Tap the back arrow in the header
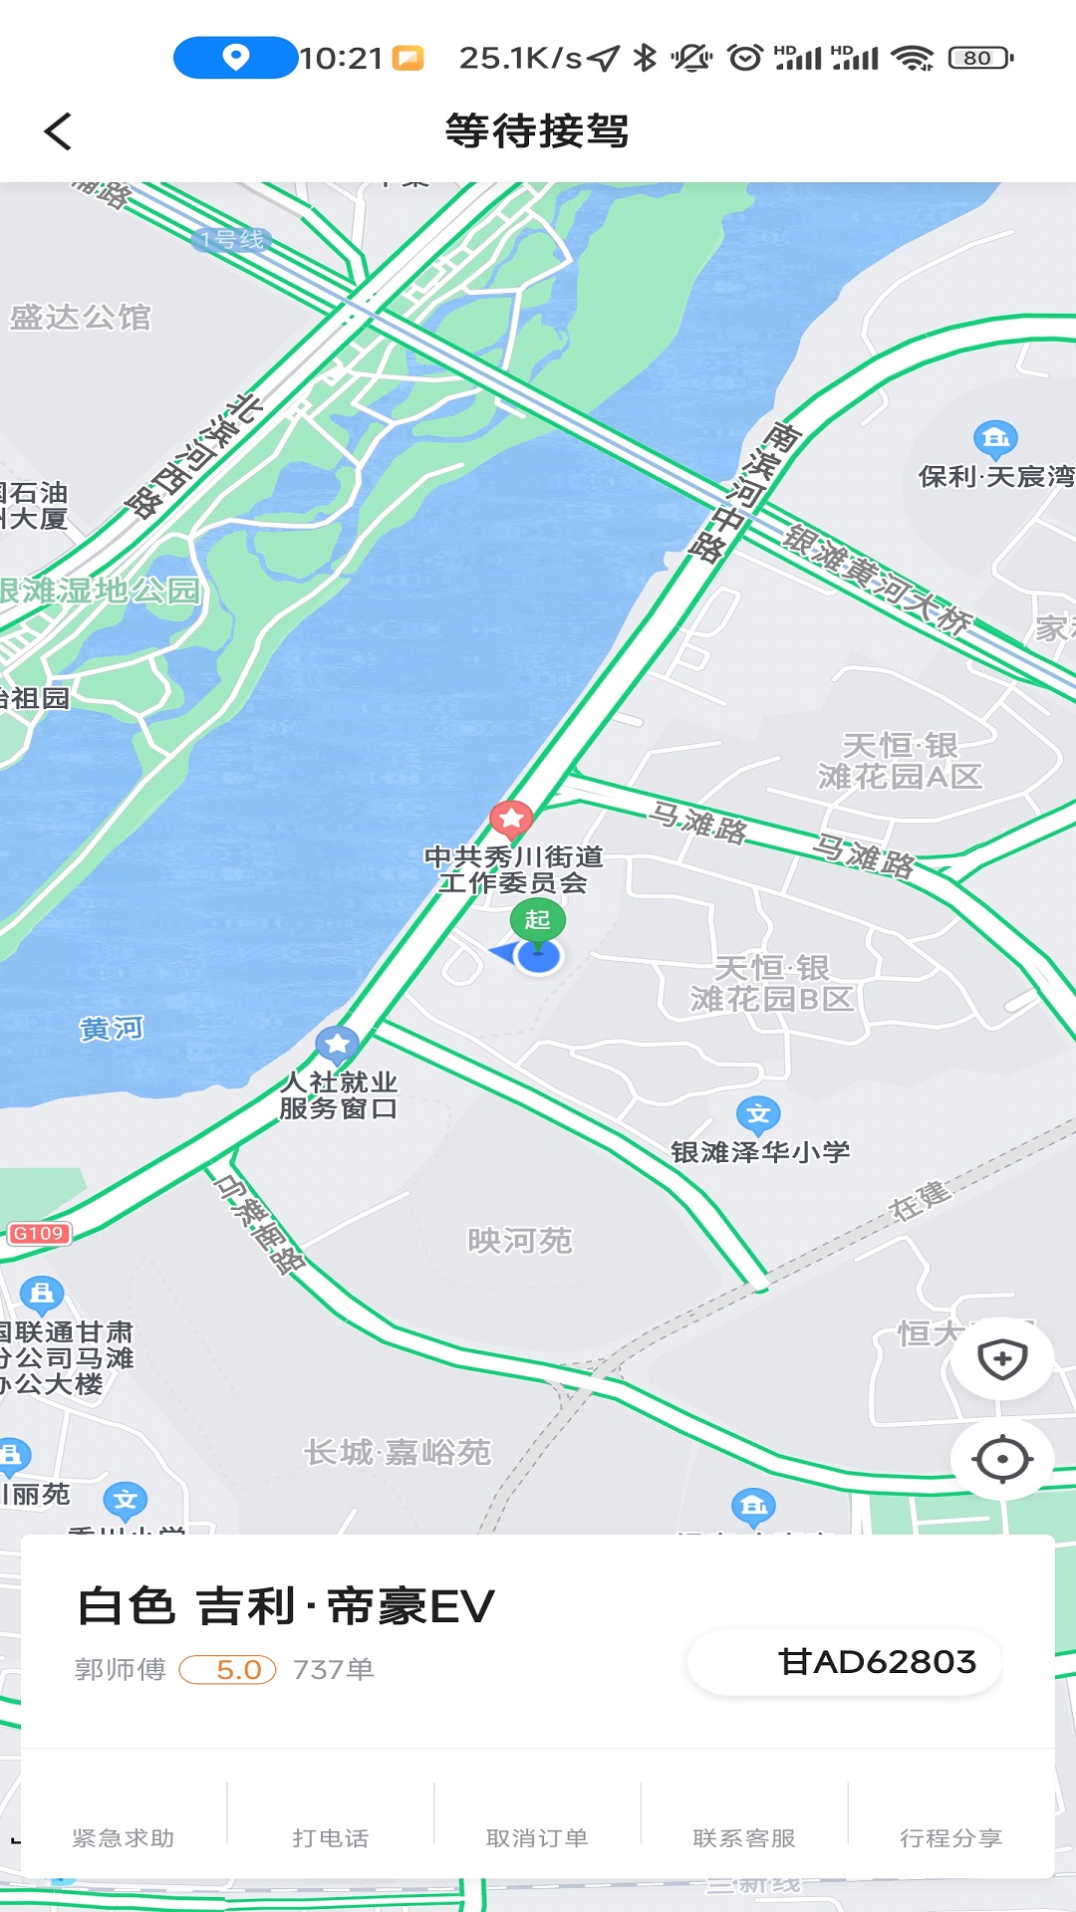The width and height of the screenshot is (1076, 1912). [x=58, y=131]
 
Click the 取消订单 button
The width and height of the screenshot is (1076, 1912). [x=537, y=1837]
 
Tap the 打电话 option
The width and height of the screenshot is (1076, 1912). [x=331, y=1837]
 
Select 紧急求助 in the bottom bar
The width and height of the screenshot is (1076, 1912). [x=124, y=1837]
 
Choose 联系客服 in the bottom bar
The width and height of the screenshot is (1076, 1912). [x=744, y=1837]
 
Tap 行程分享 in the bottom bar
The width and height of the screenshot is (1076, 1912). [x=950, y=1837]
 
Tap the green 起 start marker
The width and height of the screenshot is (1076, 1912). [x=537, y=919]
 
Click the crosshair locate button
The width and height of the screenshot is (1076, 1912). [x=1002, y=1460]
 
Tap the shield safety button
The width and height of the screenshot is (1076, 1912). [x=1002, y=1359]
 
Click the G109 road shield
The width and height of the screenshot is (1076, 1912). [x=38, y=1234]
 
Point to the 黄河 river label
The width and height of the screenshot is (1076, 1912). [x=112, y=1028]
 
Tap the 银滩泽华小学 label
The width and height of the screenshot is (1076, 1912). [x=760, y=1152]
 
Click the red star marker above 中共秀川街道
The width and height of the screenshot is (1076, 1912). [x=511, y=819]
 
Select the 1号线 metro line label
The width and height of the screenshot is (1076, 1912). [x=231, y=239]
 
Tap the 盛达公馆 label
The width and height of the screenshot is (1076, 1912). [x=80, y=318]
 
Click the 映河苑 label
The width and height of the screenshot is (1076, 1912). [x=520, y=1241]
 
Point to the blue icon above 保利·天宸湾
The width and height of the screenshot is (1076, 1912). [x=994, y=437]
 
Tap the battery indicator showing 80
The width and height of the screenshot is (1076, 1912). [x=979, y=58]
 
